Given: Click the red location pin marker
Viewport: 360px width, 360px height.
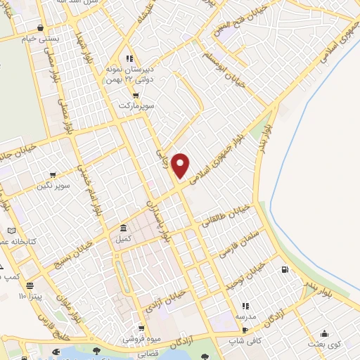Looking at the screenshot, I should point(181,165).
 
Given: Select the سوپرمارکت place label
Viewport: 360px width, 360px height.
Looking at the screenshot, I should point(136,105).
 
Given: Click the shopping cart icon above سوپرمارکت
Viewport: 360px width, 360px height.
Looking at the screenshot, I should point(136,94).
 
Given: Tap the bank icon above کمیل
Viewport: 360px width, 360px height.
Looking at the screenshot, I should point(123,229).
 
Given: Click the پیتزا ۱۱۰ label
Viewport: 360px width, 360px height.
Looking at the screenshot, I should point(32,297).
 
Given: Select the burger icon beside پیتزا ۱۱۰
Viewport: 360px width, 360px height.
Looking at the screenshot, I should point(30,285).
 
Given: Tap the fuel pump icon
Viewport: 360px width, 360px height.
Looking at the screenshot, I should point(284,269).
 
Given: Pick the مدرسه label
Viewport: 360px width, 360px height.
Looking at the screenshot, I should point(245,316).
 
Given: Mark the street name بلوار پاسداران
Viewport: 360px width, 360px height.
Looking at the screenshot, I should point(157,214).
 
